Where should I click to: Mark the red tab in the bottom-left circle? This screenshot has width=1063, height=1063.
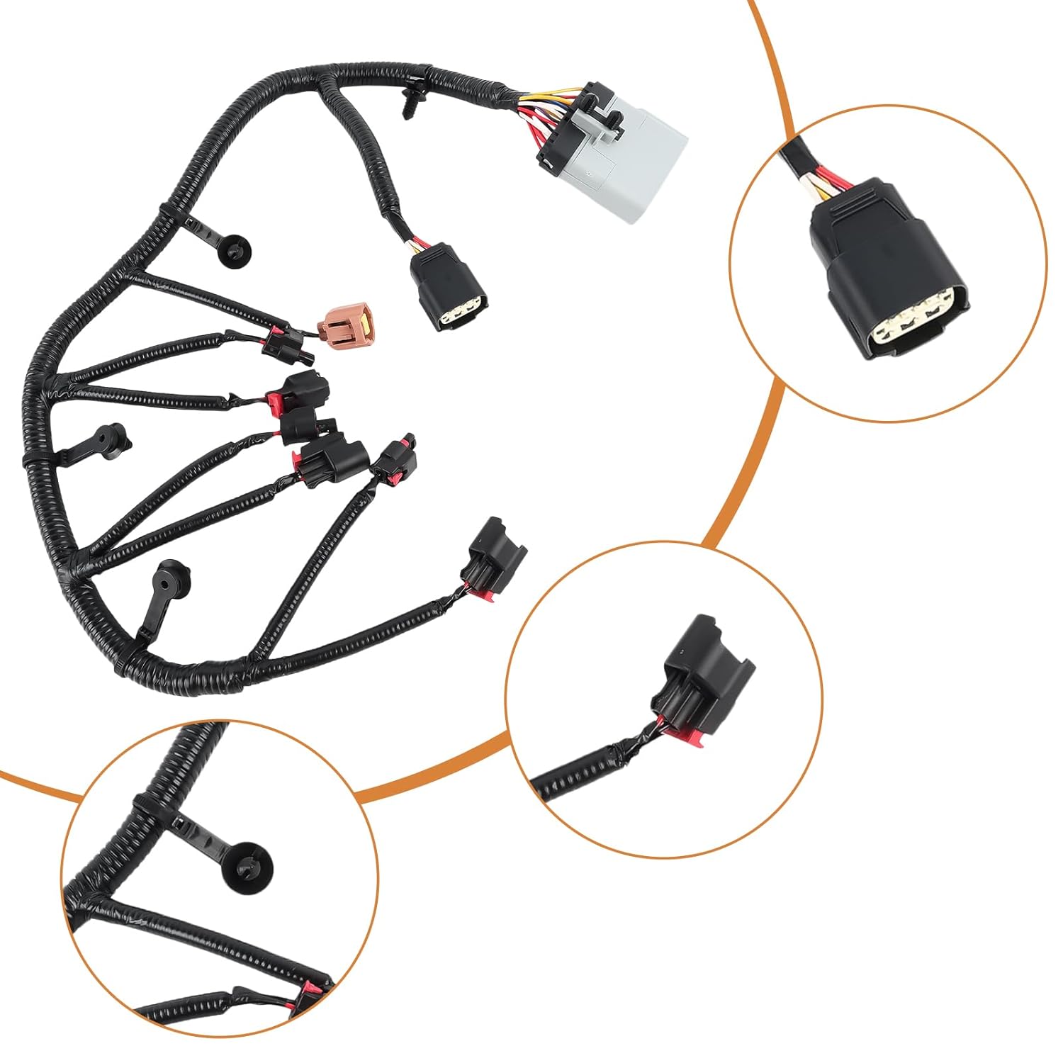coord(310,988)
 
